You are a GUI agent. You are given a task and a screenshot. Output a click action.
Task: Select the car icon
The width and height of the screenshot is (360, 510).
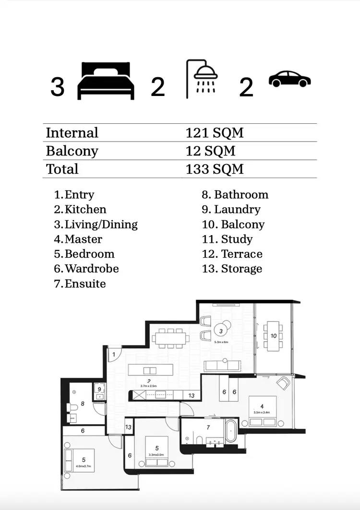(289, 79)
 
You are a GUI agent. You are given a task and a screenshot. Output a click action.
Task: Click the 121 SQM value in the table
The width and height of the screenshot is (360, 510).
(214, 133)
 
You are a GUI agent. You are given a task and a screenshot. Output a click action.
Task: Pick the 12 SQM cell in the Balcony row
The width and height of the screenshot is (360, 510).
(210, 151)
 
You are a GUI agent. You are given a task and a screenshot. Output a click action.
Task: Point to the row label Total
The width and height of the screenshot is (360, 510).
(62, 169)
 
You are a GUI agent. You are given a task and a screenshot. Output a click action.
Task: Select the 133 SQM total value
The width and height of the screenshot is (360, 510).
(214, 169)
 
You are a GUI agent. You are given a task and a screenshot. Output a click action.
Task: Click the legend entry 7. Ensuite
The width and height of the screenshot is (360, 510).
(80, 284)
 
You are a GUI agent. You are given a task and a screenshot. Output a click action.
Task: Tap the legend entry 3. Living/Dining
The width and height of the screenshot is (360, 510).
(96, 224)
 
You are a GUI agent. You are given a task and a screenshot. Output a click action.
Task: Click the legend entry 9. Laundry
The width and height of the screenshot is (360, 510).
(231, 209)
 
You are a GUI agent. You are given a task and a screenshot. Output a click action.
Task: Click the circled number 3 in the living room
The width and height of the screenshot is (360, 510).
(221, 331)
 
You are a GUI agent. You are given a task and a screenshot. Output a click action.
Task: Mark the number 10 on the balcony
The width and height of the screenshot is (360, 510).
(273, 336)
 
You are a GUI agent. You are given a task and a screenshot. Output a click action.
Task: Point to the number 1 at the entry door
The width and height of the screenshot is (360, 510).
(114, 355)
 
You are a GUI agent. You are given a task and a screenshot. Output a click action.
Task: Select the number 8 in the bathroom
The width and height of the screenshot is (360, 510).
(83, 403)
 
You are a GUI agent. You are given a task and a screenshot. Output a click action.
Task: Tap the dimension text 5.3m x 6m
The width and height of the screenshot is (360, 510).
(223, 342)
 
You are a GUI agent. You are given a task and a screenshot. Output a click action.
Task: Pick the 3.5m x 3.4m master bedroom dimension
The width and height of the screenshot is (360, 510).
(262, 412)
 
